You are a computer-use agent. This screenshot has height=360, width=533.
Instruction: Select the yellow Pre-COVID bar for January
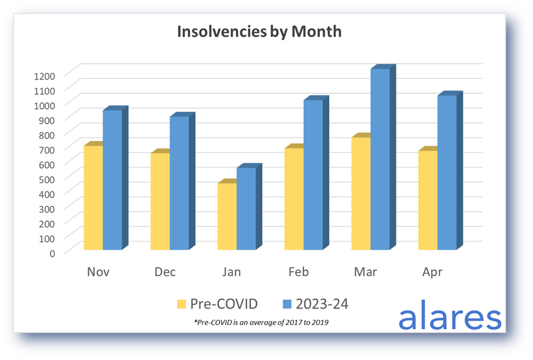[227, 215]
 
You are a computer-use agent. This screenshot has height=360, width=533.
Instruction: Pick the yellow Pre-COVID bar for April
[428, 199]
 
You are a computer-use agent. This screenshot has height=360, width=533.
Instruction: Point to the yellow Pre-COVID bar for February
[294, 197]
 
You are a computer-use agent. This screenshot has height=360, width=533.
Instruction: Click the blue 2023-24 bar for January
[249, 207]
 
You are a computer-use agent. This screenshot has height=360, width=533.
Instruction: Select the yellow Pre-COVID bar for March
[361, 192]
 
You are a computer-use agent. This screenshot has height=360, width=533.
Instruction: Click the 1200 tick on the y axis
[45, 76]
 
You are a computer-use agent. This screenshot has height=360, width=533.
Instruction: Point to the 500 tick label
[47, 179]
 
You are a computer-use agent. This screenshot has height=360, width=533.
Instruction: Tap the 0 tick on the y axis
[52, 253]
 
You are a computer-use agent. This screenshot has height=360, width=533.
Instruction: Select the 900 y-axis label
[47, 120]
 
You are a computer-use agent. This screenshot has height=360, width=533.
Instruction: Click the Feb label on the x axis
[298, 272]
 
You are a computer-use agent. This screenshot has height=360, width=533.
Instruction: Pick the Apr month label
[433, 273]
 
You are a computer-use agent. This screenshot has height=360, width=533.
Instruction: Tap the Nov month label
[98, 272]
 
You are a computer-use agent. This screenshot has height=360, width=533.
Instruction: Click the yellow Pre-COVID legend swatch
[182, 304]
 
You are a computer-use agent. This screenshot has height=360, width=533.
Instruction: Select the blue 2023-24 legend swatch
[287, 304]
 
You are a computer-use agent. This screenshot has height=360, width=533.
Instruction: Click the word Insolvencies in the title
[222, 32]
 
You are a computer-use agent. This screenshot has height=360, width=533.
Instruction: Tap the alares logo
[450, 315]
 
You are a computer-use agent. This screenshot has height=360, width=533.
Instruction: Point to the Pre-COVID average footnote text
[261, 322]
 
